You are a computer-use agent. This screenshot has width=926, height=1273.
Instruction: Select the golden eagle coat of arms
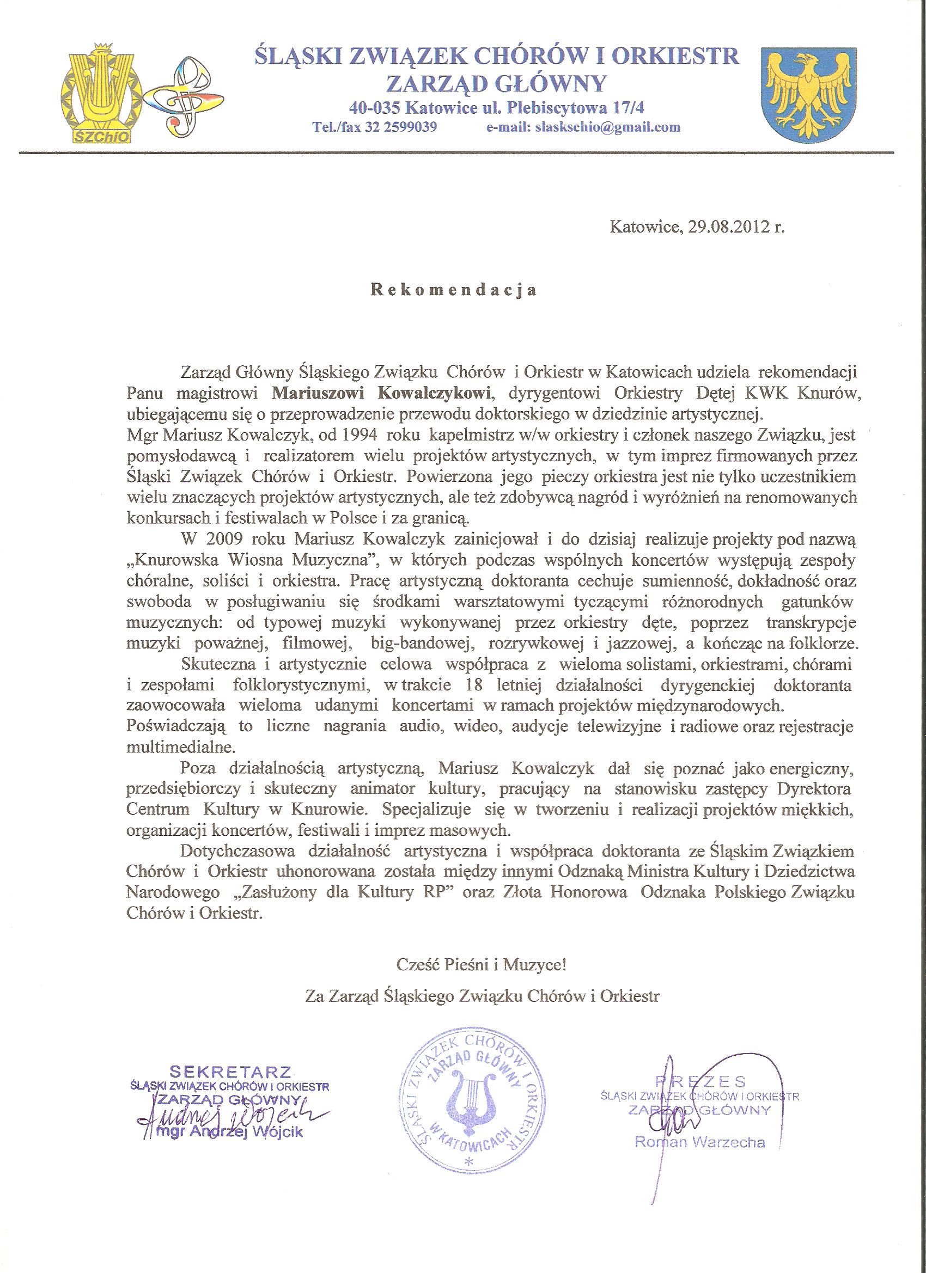pyautogui.click(x=808, y=94)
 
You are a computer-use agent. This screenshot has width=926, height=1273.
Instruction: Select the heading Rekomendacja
pyautogui.click(x=454, y=290)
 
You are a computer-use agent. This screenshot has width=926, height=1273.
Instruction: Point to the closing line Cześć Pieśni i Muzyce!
pyautogui.click(x=482, y=965)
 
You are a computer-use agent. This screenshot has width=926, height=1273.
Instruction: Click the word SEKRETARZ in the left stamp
pyautogui.click(x=231, y=1072)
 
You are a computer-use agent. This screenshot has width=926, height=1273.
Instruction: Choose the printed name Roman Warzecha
pyautogui.click(x=700, y=1142)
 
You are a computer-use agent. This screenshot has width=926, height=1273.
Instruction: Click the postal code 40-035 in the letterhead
pyautogui.click(x=375, y=107)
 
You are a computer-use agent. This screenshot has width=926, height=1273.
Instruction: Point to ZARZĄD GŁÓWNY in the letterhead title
pyautogui.click(x=496, y=84)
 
